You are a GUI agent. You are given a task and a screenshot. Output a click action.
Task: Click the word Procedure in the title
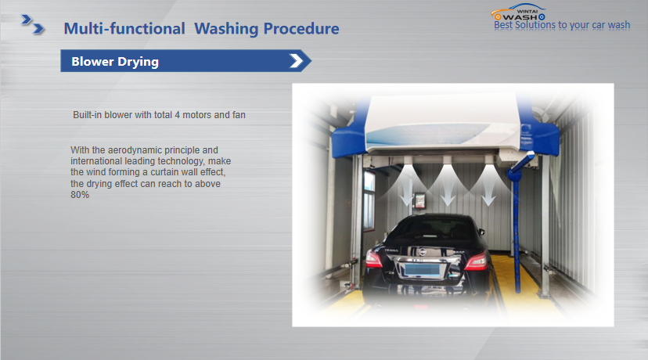pyautogui.click(x=301, y=28)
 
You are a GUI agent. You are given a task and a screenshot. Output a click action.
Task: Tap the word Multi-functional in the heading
pyautogui.click(x=124, y=29)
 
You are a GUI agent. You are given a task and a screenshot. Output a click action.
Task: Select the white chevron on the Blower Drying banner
pyautogui.click(x=297, y=61)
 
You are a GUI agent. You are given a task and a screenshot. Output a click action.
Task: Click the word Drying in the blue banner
pyautogui.click(x=138, y=62)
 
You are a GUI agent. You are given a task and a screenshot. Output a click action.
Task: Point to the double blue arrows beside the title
pyautogui.click(x=33, y=24)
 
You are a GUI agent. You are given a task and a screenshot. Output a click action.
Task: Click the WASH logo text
pyautogui.click(x=520, y=17)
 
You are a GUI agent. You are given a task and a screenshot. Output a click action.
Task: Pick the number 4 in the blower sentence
pyautogui.click(x=178, y=115)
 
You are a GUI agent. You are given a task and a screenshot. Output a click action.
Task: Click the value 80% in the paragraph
pyautogui.click(x=80, y=195)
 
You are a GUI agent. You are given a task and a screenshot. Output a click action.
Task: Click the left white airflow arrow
pyautogui.click(x=407, y=193)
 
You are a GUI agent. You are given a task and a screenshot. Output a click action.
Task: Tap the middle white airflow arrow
pyautogui.click(x=448, y=193)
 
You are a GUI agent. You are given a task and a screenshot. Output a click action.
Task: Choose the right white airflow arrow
pyautogui.click(x=488, y=193)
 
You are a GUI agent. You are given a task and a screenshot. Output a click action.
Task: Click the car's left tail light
pyautogui.click(x=373, y=260)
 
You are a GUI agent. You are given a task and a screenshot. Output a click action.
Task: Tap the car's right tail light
pyautogui.click(x=477, y=262)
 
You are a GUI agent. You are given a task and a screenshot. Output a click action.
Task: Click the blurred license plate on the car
pyautogui.click(x=422, y=270)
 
